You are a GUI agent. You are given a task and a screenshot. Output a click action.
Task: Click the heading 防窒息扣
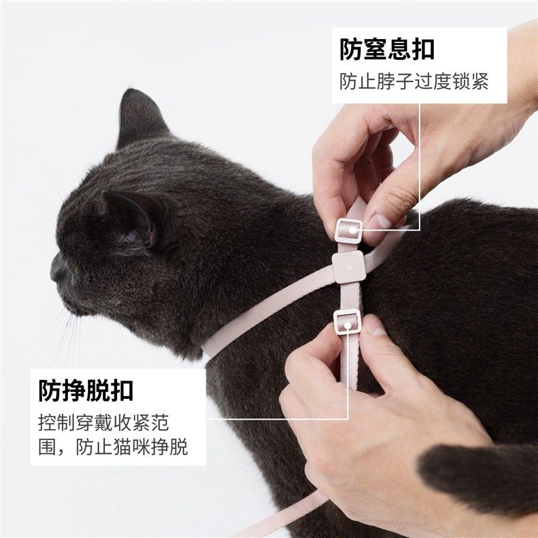(x=387, y=50)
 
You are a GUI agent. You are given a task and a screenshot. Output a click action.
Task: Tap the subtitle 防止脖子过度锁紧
(x=414, y=81)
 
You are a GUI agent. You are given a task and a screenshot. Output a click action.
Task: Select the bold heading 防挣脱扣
(x=86, y=391)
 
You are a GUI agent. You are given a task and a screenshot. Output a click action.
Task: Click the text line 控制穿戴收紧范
(x=104, y=423)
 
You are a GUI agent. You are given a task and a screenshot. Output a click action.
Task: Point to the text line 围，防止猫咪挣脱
(x=113, y=447)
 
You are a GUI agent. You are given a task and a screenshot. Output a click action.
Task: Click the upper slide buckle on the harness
(x=349, y=231)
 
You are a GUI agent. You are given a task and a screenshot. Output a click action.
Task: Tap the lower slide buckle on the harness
(x=347, y=322)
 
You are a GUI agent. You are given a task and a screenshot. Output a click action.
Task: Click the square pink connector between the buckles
(x=348, y=266)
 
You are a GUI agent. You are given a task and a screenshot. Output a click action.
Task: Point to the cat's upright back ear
(x=140, y=116)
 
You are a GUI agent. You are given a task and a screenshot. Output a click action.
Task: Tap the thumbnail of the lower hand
(x=375, y=329)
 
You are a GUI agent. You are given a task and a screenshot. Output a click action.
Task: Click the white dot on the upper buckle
(x=352, y=230)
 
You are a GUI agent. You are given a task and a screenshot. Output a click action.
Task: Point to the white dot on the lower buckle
(x=348, y=325)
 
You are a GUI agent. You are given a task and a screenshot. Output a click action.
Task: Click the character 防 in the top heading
(x=350, y=50)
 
